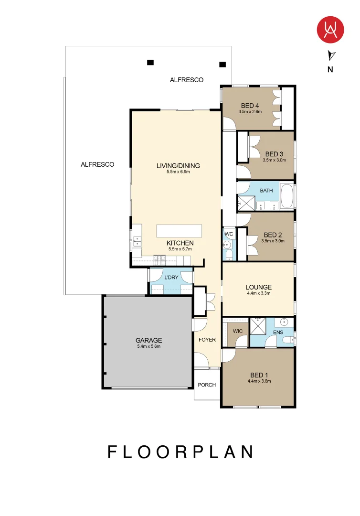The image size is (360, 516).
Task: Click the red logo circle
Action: (330, 30)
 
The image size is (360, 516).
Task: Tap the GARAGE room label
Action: (148, 340)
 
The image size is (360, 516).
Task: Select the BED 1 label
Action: (259, 375)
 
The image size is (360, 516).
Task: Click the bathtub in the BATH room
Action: (287, 196)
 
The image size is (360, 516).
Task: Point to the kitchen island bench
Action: (179, 231)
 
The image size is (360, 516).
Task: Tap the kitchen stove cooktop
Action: (159, 260)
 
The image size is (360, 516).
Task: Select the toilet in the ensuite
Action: (288, 340)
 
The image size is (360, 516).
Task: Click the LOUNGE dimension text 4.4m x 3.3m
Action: (259, 293)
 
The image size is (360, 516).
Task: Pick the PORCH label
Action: (207, 385)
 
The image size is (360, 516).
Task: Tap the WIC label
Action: (238, 331)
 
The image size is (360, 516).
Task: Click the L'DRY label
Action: (171, 278)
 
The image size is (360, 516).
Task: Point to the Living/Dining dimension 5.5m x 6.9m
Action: (178, 172)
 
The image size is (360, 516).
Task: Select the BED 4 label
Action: (250, 106)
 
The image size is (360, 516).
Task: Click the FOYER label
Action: (207, 340)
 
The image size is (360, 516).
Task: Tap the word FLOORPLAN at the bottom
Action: (180, 452)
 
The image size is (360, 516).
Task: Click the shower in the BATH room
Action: (246, 203)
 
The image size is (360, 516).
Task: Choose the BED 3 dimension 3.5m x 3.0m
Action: (274, 160)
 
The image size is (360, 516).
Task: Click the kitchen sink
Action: (137, 242)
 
